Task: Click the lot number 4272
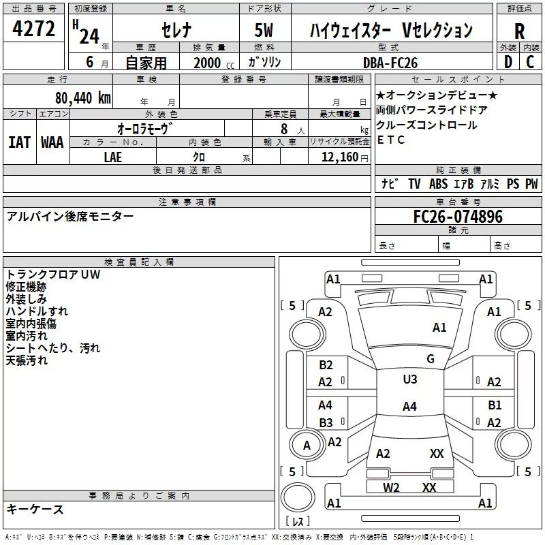(x=34, y=29)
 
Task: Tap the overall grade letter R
(x=519, y=31)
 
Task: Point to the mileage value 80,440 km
(x=82, y=98)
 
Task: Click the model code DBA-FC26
(x=390, y=63)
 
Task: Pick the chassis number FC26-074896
(x=458, y=217)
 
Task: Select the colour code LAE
(x=113, y=157)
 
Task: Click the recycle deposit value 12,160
(x=339, y=157)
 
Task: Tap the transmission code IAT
(x=19, y=142)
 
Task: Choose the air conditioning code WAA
(x=52, y=142)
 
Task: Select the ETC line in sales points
(x=391, y=140)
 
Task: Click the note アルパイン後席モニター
(x=70, y=216)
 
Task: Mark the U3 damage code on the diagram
(x=409, y=379)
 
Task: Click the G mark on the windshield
(x=431, y=358)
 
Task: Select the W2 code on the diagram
(x=391, y=487)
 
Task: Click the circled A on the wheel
(x=307, y=446)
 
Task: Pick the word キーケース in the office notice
(x=35, y=509)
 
